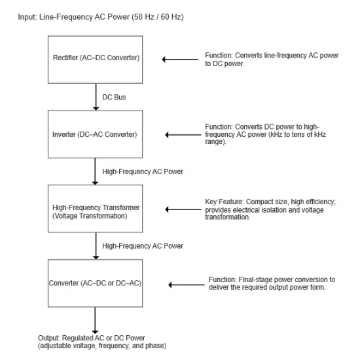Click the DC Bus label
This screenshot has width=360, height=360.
pyautogui.click(x=114, y=97)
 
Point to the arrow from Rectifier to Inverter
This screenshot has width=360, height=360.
pyautogui.click(x=96, y=97)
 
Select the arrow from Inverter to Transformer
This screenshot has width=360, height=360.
pyautogui.click(x=95, y=171)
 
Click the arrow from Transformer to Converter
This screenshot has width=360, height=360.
pyautogui.click(x=96, y=246)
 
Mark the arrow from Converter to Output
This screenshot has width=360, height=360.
pyautogui.click(x=95, y=320)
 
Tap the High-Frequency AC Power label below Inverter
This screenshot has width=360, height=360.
pyautogui.click(x=143, y=171)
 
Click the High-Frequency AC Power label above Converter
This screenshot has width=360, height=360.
pyautogui.click(x=143, y=246)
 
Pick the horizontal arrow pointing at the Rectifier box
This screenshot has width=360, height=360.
pyautogui.click(x=180, y=60)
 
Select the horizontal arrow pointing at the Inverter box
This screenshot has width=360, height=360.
pyautogui.click(x=183, y=135)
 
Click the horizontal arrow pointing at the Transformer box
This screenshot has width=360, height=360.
pyautogui.click(x=183, y=209)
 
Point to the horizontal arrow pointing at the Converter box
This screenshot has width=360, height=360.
pyautogui.click(x=187, y=285)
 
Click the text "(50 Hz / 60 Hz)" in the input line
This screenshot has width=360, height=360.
pyautogui.click(x=158, y=17)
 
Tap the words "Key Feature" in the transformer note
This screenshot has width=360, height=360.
pyautogui.click(x=224, y=202)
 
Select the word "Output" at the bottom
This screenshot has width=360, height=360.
pyautogui.click(x=48, y=338)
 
